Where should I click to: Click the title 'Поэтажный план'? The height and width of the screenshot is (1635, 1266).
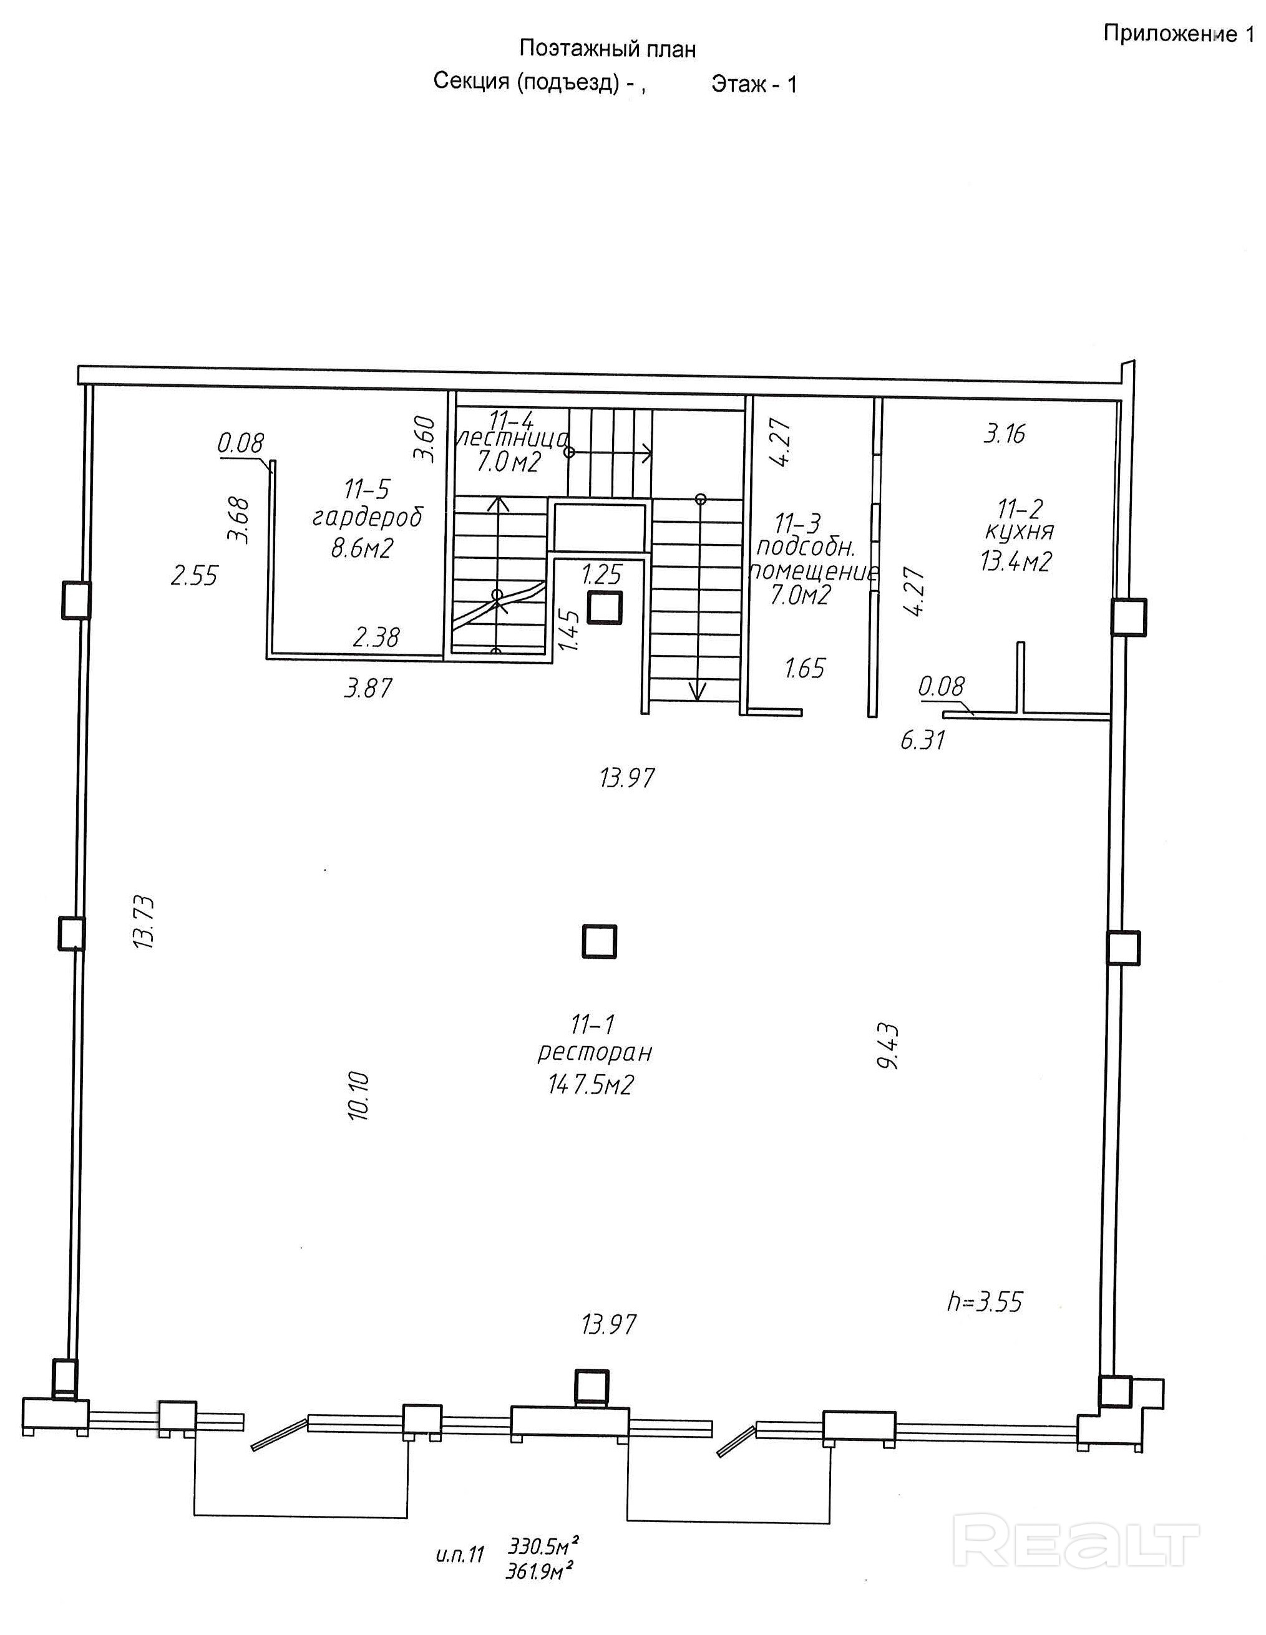point(607,49)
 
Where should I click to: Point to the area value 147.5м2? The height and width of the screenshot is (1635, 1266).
point(591,1085)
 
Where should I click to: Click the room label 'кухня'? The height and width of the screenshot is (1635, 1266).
point(1019,531)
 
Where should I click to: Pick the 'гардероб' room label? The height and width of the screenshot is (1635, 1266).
point(367,518)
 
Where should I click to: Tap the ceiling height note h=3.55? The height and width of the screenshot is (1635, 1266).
point(984,1301)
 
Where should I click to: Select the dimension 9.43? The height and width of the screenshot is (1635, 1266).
point(889,1046)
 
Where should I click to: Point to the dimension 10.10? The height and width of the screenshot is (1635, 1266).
point(359,1095)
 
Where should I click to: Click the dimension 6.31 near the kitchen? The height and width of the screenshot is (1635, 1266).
point(922,740)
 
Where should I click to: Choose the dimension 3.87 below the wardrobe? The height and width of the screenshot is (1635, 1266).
point(368,688)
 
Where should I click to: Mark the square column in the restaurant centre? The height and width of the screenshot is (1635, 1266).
point(599,941)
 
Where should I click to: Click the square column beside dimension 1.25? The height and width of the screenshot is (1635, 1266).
point(604,607)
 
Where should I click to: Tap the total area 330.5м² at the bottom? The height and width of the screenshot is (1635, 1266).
point(543,1541)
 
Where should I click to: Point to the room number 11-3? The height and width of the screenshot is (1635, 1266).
point(798,521)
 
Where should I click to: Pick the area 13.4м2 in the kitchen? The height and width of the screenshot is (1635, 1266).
point(1016,561)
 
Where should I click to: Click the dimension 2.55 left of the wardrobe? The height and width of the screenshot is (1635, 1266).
point(194,576)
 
